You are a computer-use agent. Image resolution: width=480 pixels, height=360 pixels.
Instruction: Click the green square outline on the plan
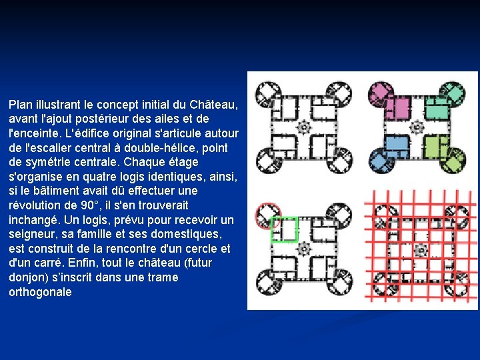(x=283, y=229)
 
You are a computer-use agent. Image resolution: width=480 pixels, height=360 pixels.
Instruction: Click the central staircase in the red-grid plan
(x=421, y=251)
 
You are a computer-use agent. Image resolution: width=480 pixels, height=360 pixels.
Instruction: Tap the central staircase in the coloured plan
(x=418, y=127)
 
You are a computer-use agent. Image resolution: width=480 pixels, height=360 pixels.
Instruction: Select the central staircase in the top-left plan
(x=304, y=127)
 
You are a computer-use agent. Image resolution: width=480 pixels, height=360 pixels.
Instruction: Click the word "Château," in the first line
(x=213, y=105)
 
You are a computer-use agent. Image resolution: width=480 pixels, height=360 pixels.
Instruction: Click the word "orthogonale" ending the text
(x=40, y=292)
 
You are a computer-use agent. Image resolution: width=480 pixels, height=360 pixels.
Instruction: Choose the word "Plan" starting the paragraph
(x=21, y=105)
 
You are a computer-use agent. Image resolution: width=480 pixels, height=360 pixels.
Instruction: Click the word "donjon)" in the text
(x=27, y=277)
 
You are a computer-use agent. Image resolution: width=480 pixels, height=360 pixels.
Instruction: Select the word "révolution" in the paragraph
(x=34, y=205)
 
